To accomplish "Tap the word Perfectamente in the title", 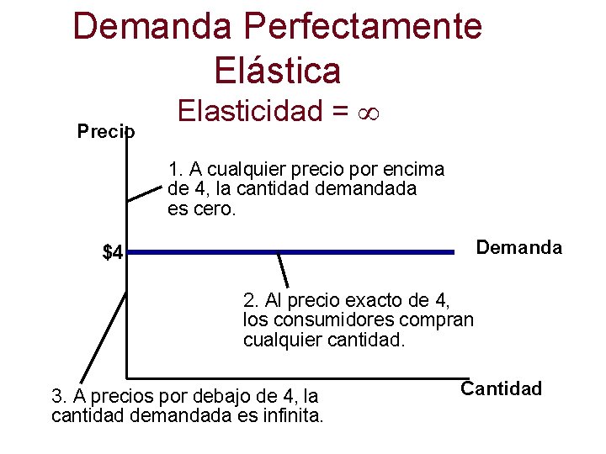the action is click(x=364, y=26).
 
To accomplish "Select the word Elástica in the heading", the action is click(x=278, y=69).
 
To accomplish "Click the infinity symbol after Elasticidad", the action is click(x=370, y=111).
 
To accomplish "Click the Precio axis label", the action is click(x=106, y=131).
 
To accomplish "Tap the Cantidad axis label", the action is click(x=502, y=388).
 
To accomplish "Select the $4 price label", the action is click(x=113, y=252).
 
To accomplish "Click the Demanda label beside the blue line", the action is click(x=519, y=247).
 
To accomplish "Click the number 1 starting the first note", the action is click(x=173, y=169).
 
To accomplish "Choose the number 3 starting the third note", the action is click(x=57, y=395).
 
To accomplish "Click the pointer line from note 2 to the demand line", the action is click(x=284, y=270).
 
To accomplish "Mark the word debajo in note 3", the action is click(x=221, y=395).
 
